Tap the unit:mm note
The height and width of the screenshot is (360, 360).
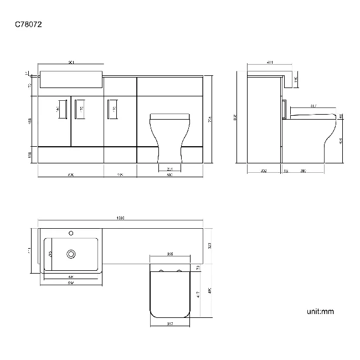click(320, 312)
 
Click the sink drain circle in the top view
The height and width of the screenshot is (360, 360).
click(71, 254)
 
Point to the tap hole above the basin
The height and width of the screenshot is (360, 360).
click(71, 233)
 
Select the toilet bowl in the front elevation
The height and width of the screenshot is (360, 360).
click(170, 138)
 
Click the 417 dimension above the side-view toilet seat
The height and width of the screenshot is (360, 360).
click(313, 106)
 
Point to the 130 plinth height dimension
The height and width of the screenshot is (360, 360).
click(29, 154)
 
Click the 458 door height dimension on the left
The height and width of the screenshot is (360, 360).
click(29, 121)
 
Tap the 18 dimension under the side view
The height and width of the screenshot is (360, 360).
click(286, 171)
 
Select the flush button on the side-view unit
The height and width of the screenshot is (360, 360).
click(284, 109)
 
